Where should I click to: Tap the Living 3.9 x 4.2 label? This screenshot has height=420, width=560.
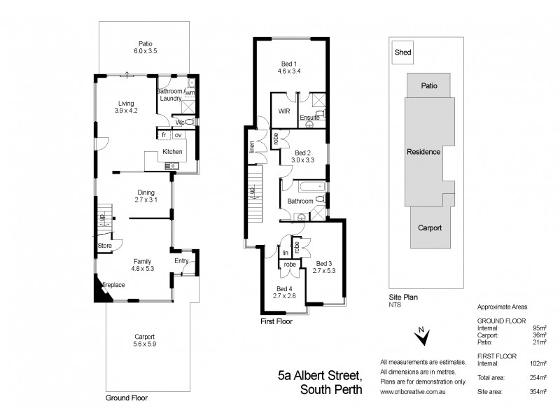(127, 106)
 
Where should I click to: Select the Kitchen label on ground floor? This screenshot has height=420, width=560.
(172, 152)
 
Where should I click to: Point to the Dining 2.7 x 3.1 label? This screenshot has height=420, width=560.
(145, 196)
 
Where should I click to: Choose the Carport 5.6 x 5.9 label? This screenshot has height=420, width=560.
(145, 340)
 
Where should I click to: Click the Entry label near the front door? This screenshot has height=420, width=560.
(181, 261)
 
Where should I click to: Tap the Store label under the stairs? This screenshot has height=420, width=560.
(105, 246)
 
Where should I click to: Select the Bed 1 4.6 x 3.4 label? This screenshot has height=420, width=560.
(289, 67)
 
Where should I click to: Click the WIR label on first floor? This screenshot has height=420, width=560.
(284, 111)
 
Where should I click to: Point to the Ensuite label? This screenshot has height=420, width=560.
(310, 118)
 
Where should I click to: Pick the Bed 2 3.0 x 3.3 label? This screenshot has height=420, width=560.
(302, 156)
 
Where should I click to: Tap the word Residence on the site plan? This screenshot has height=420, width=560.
(423, 152)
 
